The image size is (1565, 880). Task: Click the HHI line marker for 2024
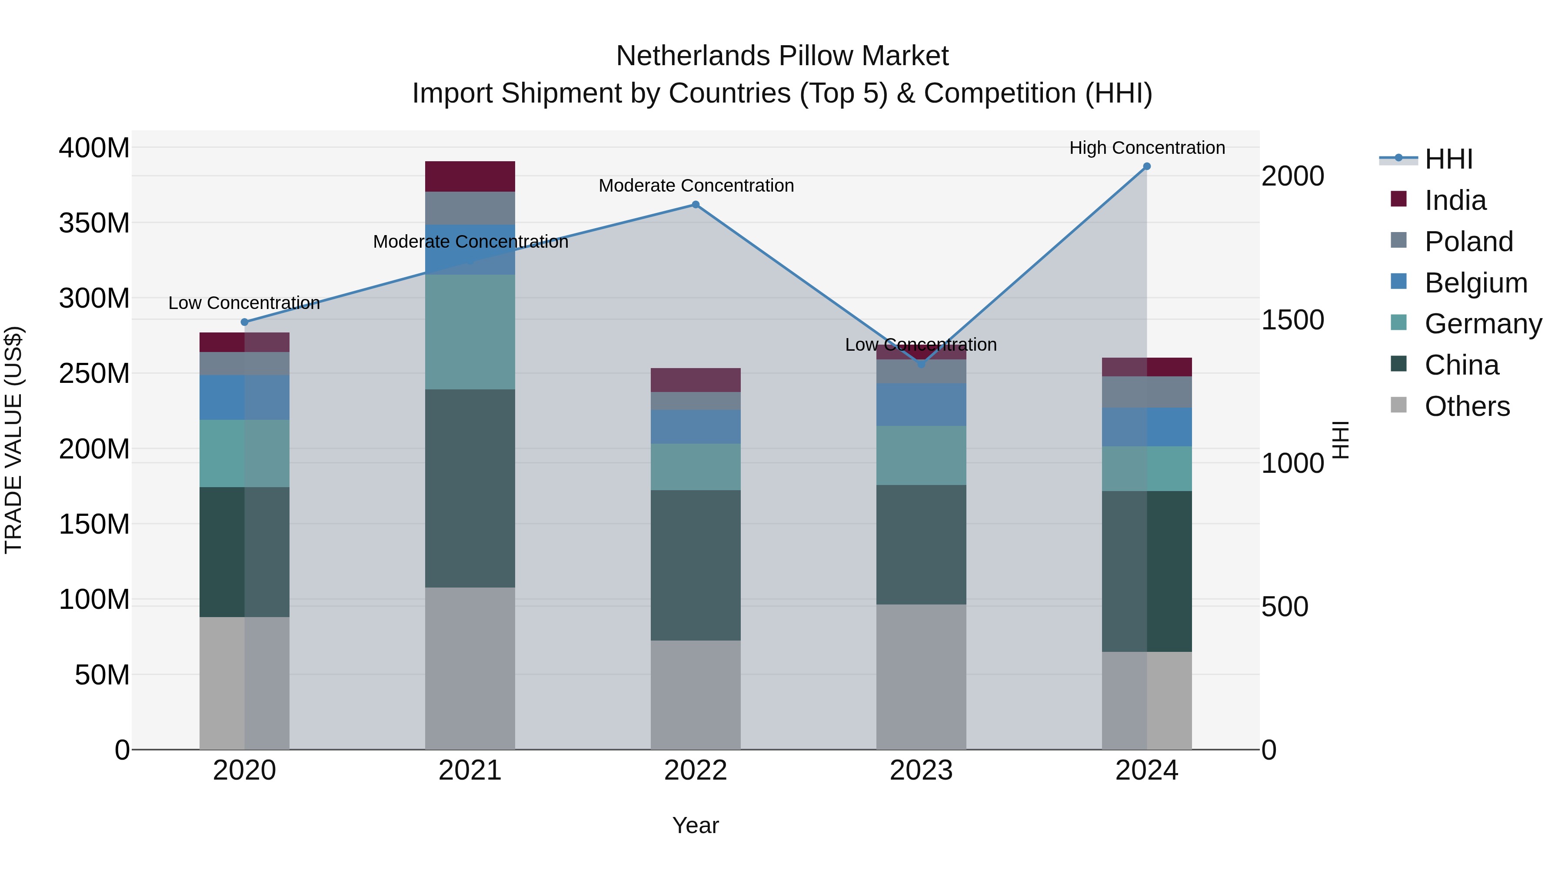pos(1146,166)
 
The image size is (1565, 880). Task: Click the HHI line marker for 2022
pos(696,205)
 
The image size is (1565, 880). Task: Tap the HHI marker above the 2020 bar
pos(244,322)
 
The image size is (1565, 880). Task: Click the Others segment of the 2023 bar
pos(921,677)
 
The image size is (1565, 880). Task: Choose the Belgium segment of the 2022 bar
pos(696,427)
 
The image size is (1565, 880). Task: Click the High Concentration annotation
pos(1146,148)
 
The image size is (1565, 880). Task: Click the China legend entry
pos(1461,365)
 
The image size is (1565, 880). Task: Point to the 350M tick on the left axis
pos(94,223)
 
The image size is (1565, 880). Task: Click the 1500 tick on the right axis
pos(1292,320)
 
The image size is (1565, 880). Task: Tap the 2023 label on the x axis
pos(921,770)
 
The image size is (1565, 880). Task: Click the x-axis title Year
pos(695,825)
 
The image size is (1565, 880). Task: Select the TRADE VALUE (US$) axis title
pos(13,440)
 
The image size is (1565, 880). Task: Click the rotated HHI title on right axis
pos(1340,440)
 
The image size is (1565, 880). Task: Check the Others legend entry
pos(1467,407)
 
